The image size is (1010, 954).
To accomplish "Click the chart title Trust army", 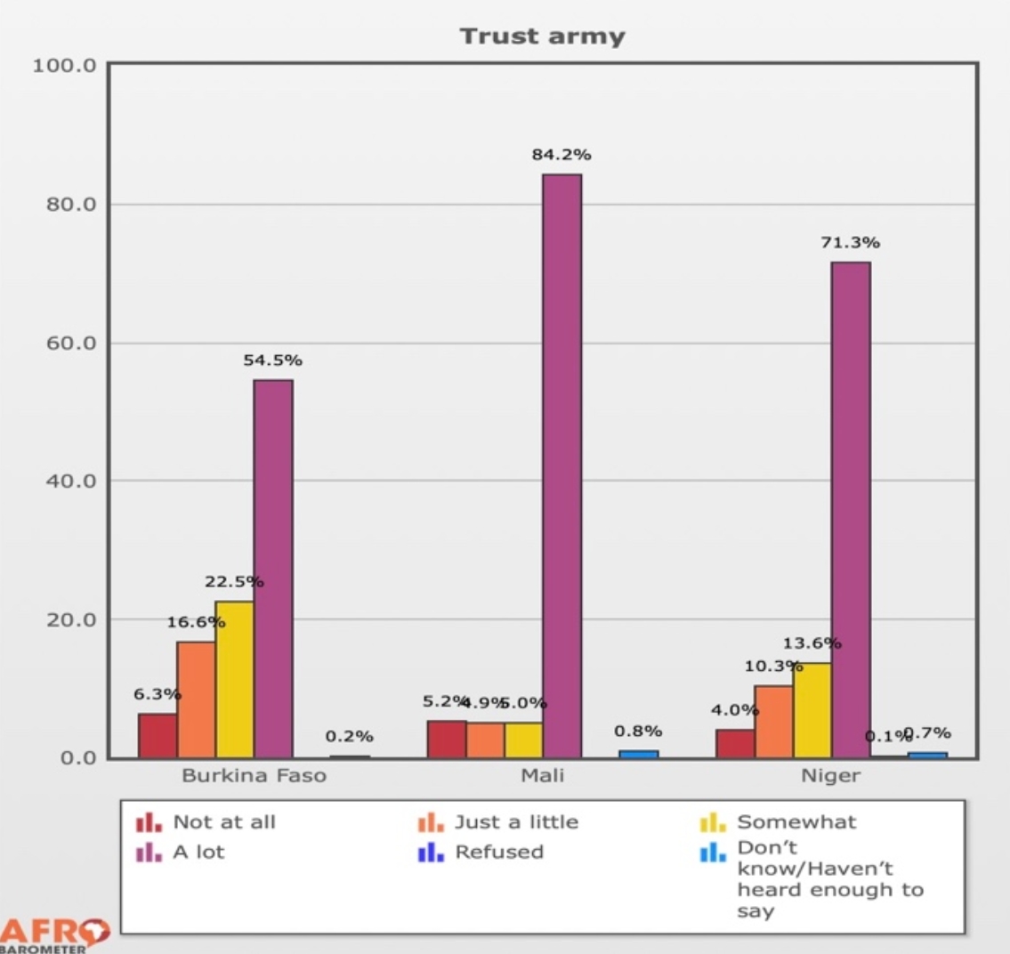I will coord(542,36).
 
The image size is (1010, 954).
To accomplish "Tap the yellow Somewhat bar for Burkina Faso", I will coord(234,679).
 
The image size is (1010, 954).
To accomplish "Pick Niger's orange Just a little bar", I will coord(773,721).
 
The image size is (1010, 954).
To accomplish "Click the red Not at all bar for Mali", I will coord(447,739).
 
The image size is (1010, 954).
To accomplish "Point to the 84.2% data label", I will coord(562,155).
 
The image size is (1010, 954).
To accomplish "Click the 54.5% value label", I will coord(272,360).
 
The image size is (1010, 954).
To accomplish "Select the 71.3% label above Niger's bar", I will coord(851,242).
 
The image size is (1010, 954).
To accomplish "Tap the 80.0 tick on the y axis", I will coord(63,205).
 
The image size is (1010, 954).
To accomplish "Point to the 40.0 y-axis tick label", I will coord(63,481).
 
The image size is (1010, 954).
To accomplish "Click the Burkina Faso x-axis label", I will coord(254,775).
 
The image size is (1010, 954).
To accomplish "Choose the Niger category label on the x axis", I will coord(830,775).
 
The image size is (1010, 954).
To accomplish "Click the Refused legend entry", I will coord(498,852).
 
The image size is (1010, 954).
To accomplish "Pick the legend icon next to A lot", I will coord(149,853).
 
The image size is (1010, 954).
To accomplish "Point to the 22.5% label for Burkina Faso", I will coord(234,582).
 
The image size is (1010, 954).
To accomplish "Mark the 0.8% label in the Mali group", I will coord(638,732).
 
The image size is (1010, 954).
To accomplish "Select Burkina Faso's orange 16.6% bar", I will coord(196,699).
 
